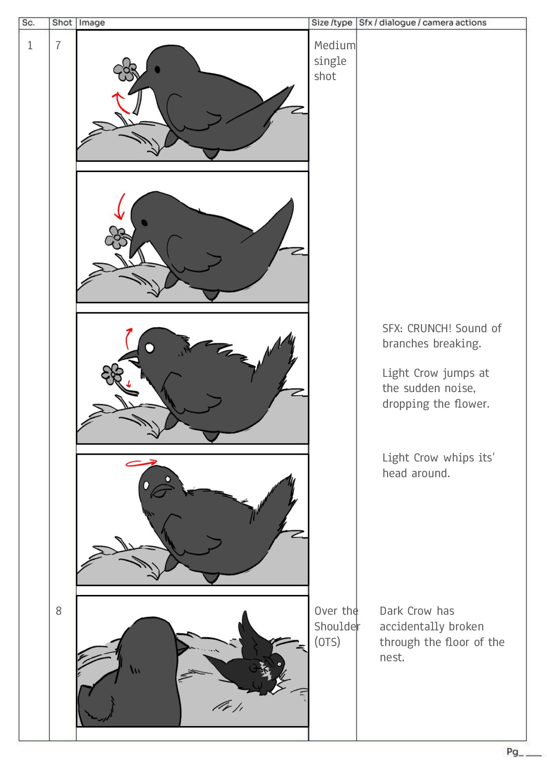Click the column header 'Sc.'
[28, 23]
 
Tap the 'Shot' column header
[62, 23]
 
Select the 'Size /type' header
[331, 23]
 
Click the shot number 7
[58, 45]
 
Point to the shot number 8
[58, 611]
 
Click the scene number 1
[30, 45]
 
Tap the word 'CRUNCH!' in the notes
[429, 328]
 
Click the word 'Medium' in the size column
[335, 45]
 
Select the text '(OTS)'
[327, 642]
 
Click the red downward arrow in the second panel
[120, 207]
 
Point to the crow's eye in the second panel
[144, 223]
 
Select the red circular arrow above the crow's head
[141, 463]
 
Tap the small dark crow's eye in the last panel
[279, 664]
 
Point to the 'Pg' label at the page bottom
[512, 752]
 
